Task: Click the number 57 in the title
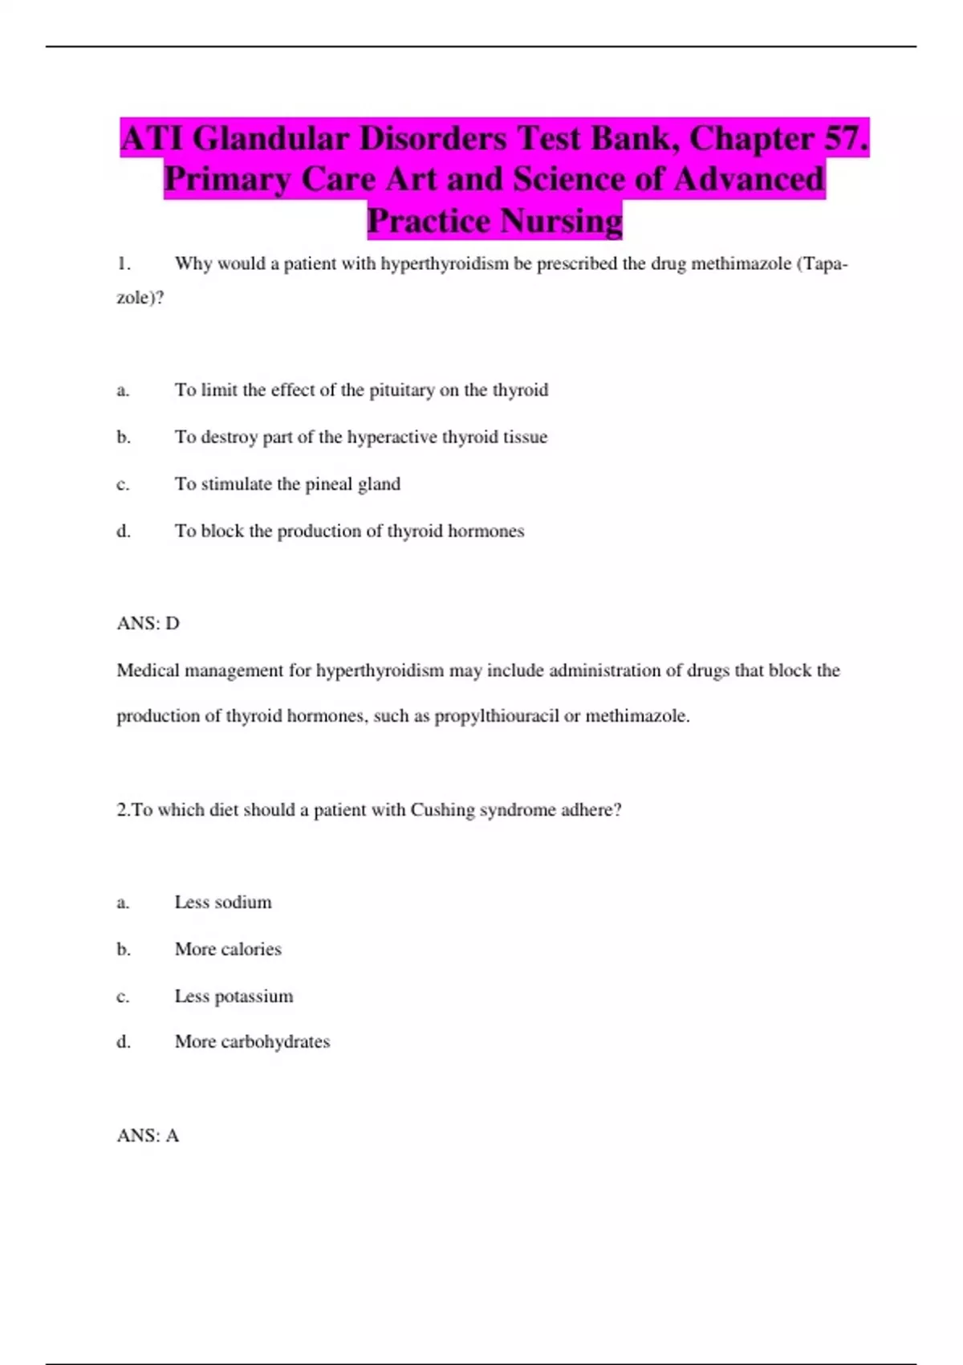pos(845,138)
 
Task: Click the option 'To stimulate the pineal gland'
pos(287,484)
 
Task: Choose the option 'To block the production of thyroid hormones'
pos(349,531)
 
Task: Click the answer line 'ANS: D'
pos(148,623)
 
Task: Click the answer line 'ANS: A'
pos(148,1135)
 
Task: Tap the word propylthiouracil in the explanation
pos(496,715)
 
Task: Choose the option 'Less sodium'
pos(223,903)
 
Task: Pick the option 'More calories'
pos(228,949)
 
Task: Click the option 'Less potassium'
pos(234,996)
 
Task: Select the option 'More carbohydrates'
pos(252,1041)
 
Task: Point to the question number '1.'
pos(124,263)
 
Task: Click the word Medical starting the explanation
pos(148,670)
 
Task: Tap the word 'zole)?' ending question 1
pos(140,298)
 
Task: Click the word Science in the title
pos(568,179)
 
